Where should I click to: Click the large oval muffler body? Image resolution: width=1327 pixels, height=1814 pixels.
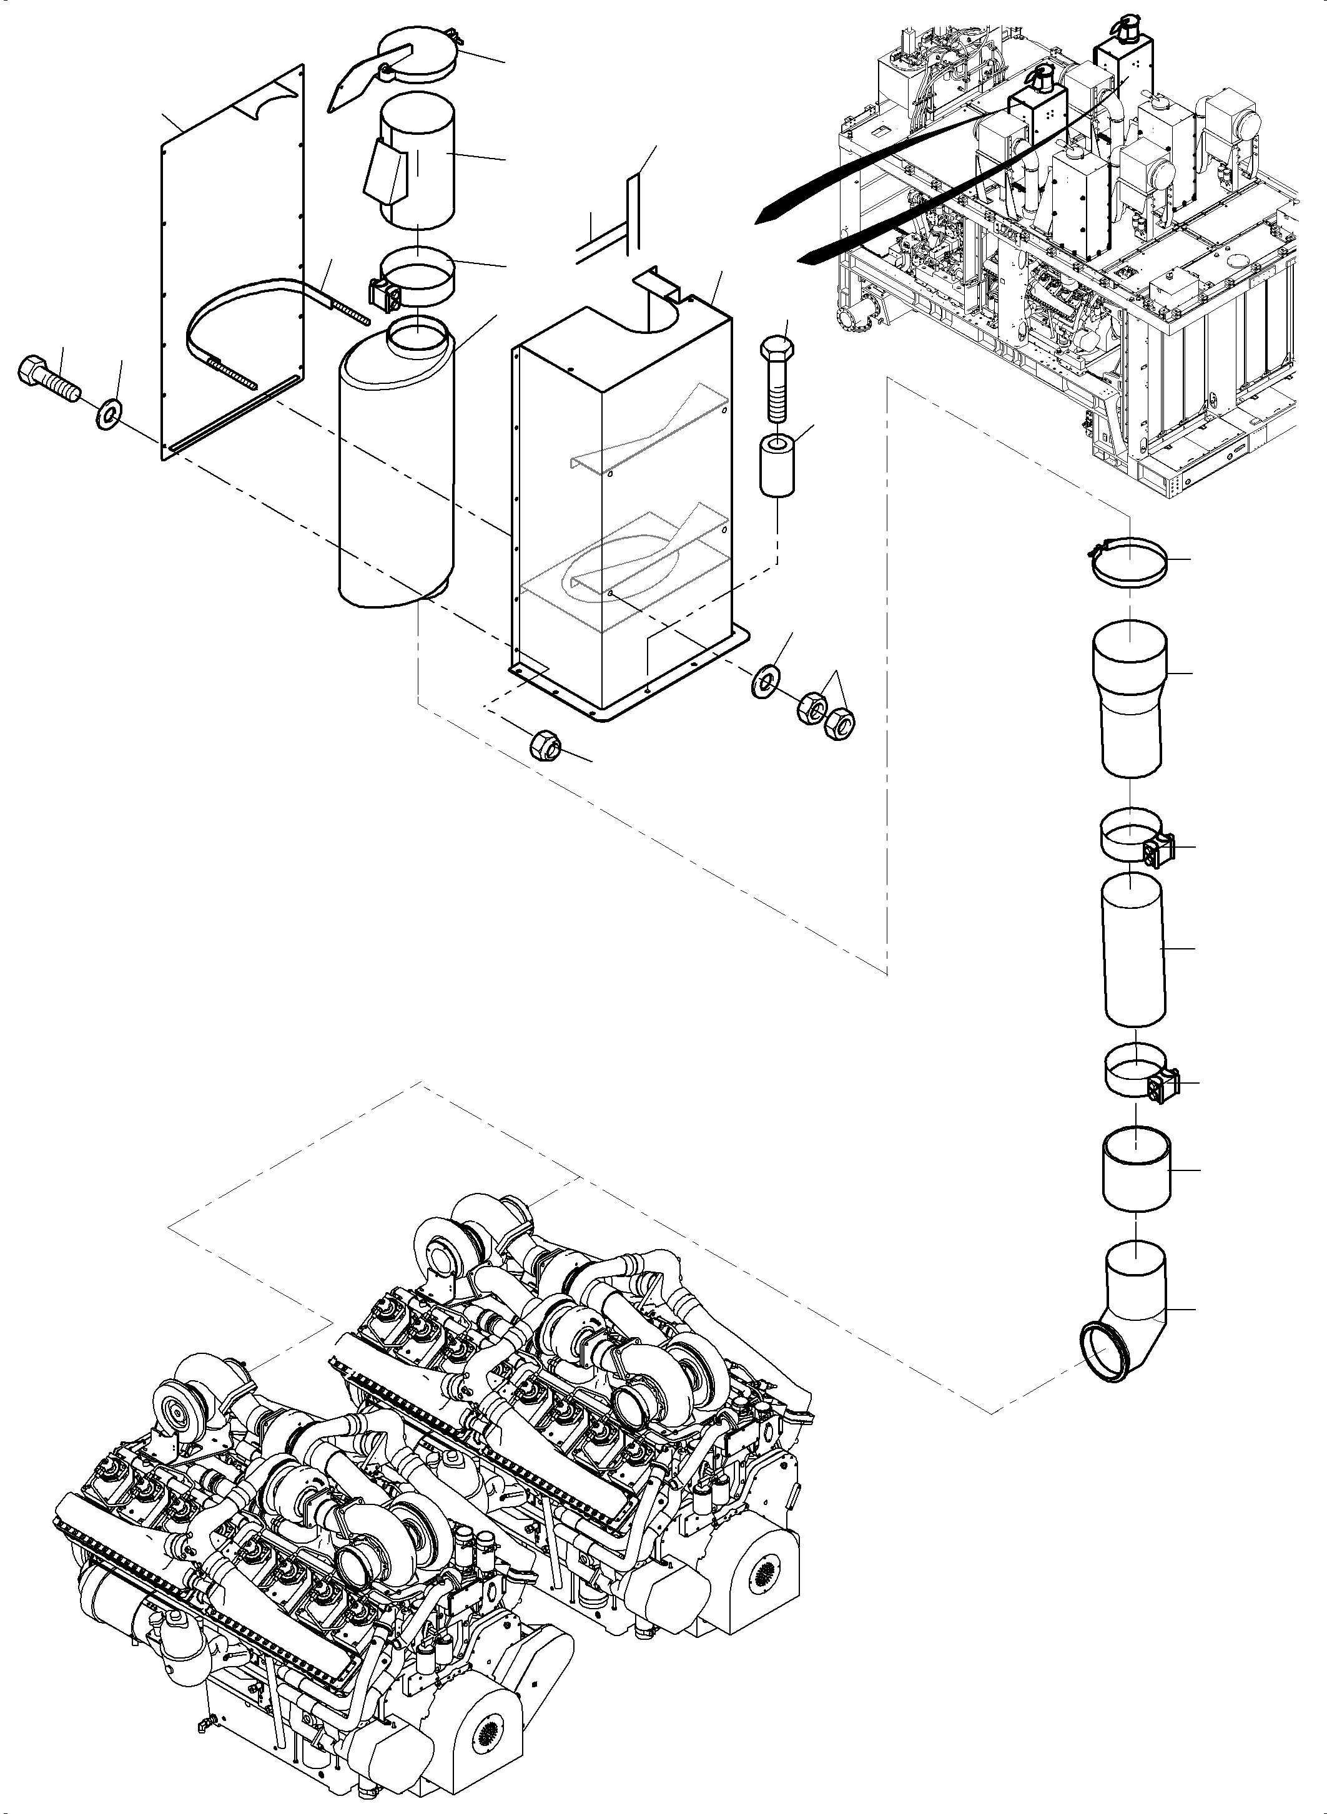(x=393, y=474)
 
